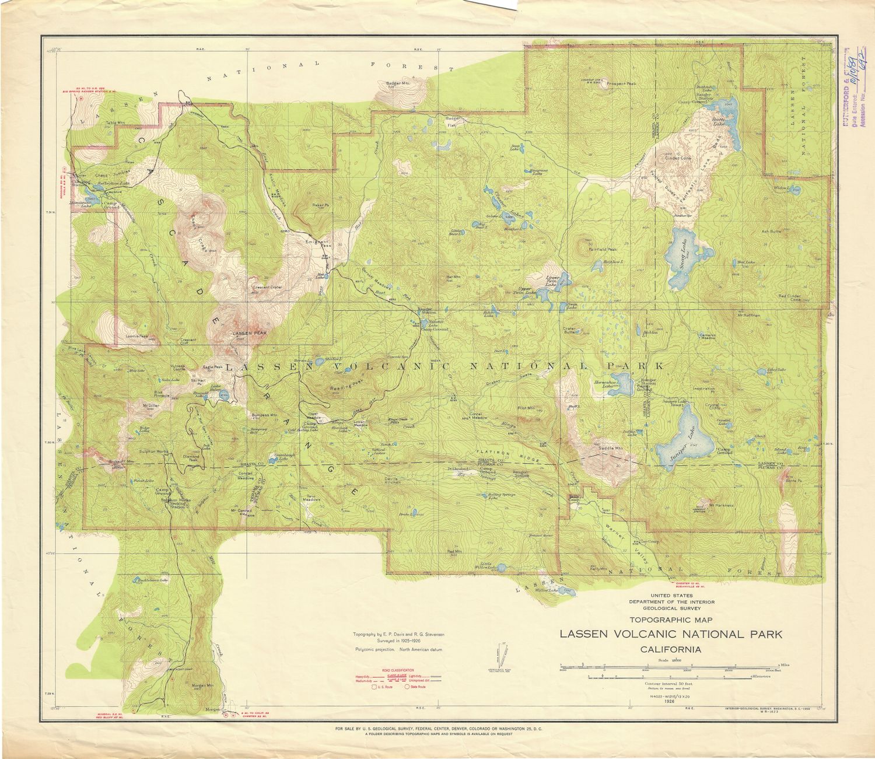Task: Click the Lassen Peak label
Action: click(x=249, y=333)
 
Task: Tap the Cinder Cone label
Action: click(x=677, y=158)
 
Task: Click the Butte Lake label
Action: click(x=717, y=121)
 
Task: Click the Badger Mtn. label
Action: click(x=398, y=83)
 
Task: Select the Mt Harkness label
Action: click(x=721, y=505)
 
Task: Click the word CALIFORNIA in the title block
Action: click(x=670, y=649)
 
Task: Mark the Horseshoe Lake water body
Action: click(x=622, y=384)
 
